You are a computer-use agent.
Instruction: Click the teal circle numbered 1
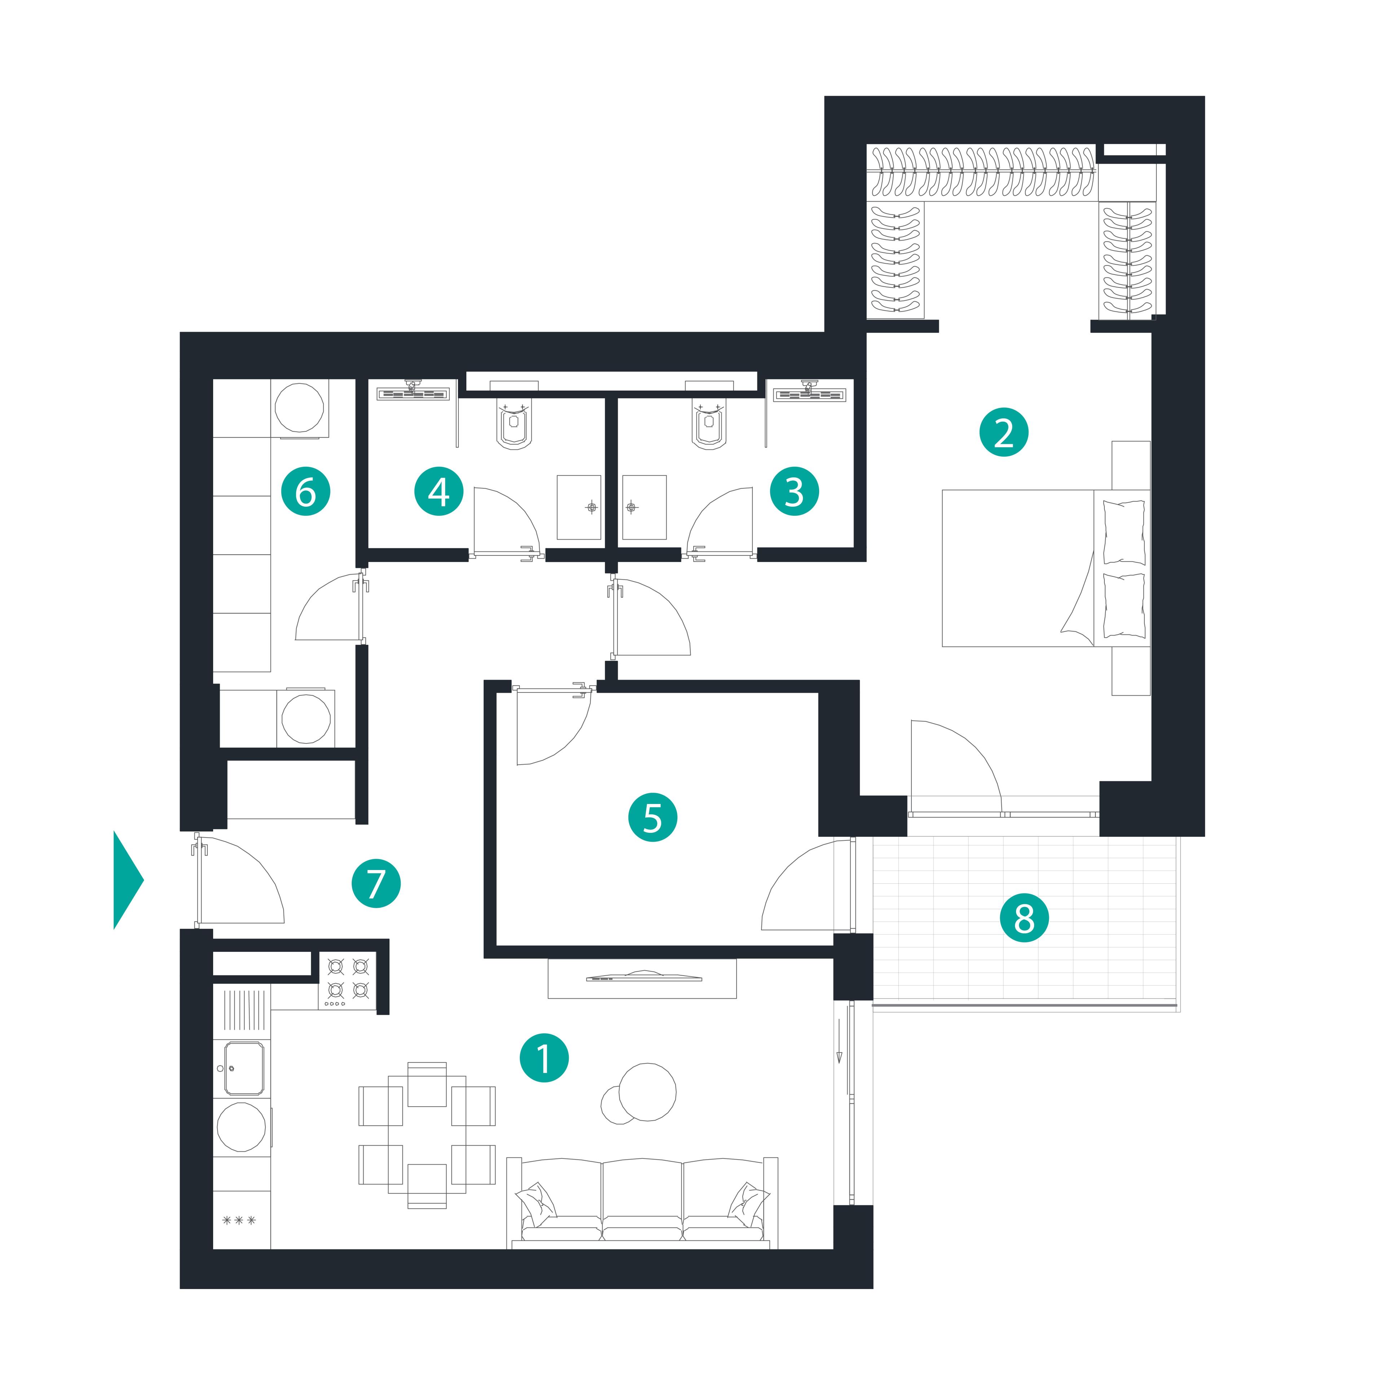tap(544, 1058)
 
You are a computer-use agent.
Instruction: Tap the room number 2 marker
tap(1004, 432)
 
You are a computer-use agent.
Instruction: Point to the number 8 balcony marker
tap(1024, 918)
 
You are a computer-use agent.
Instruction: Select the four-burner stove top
tap(347, 981)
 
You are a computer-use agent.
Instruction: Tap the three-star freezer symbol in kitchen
tap(239, 1220)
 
